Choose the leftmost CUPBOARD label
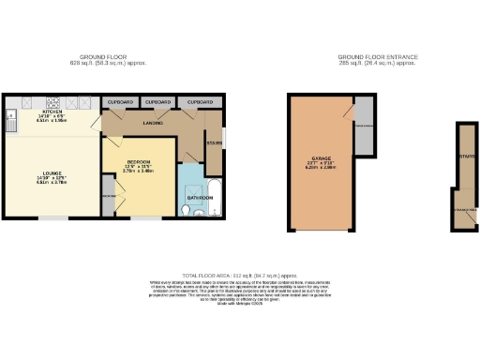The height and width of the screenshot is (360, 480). [x=120, y=100]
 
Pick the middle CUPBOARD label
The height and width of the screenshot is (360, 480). [x=158, y=100]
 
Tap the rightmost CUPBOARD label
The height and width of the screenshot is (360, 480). [x=199, y=100]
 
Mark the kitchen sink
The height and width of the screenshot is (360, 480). [x=11, y=120]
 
